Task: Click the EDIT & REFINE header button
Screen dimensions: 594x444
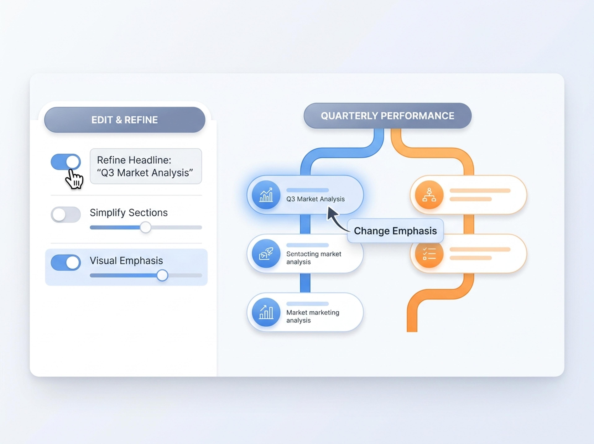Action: click(125, 120)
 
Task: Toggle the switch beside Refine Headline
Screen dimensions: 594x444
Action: click(66, 162)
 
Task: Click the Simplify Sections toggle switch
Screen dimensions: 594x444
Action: click(66, 214)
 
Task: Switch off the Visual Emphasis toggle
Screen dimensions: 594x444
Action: click(66, 262)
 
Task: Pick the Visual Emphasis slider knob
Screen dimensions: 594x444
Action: click(162, 275)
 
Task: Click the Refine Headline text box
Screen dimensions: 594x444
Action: click(146, 166)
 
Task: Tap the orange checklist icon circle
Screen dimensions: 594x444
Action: click(429, 254)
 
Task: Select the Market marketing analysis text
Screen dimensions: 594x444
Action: click(313, 316)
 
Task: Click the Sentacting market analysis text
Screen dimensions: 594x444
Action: click(314, 258)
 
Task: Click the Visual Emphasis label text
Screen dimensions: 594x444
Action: click(126, 261)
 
